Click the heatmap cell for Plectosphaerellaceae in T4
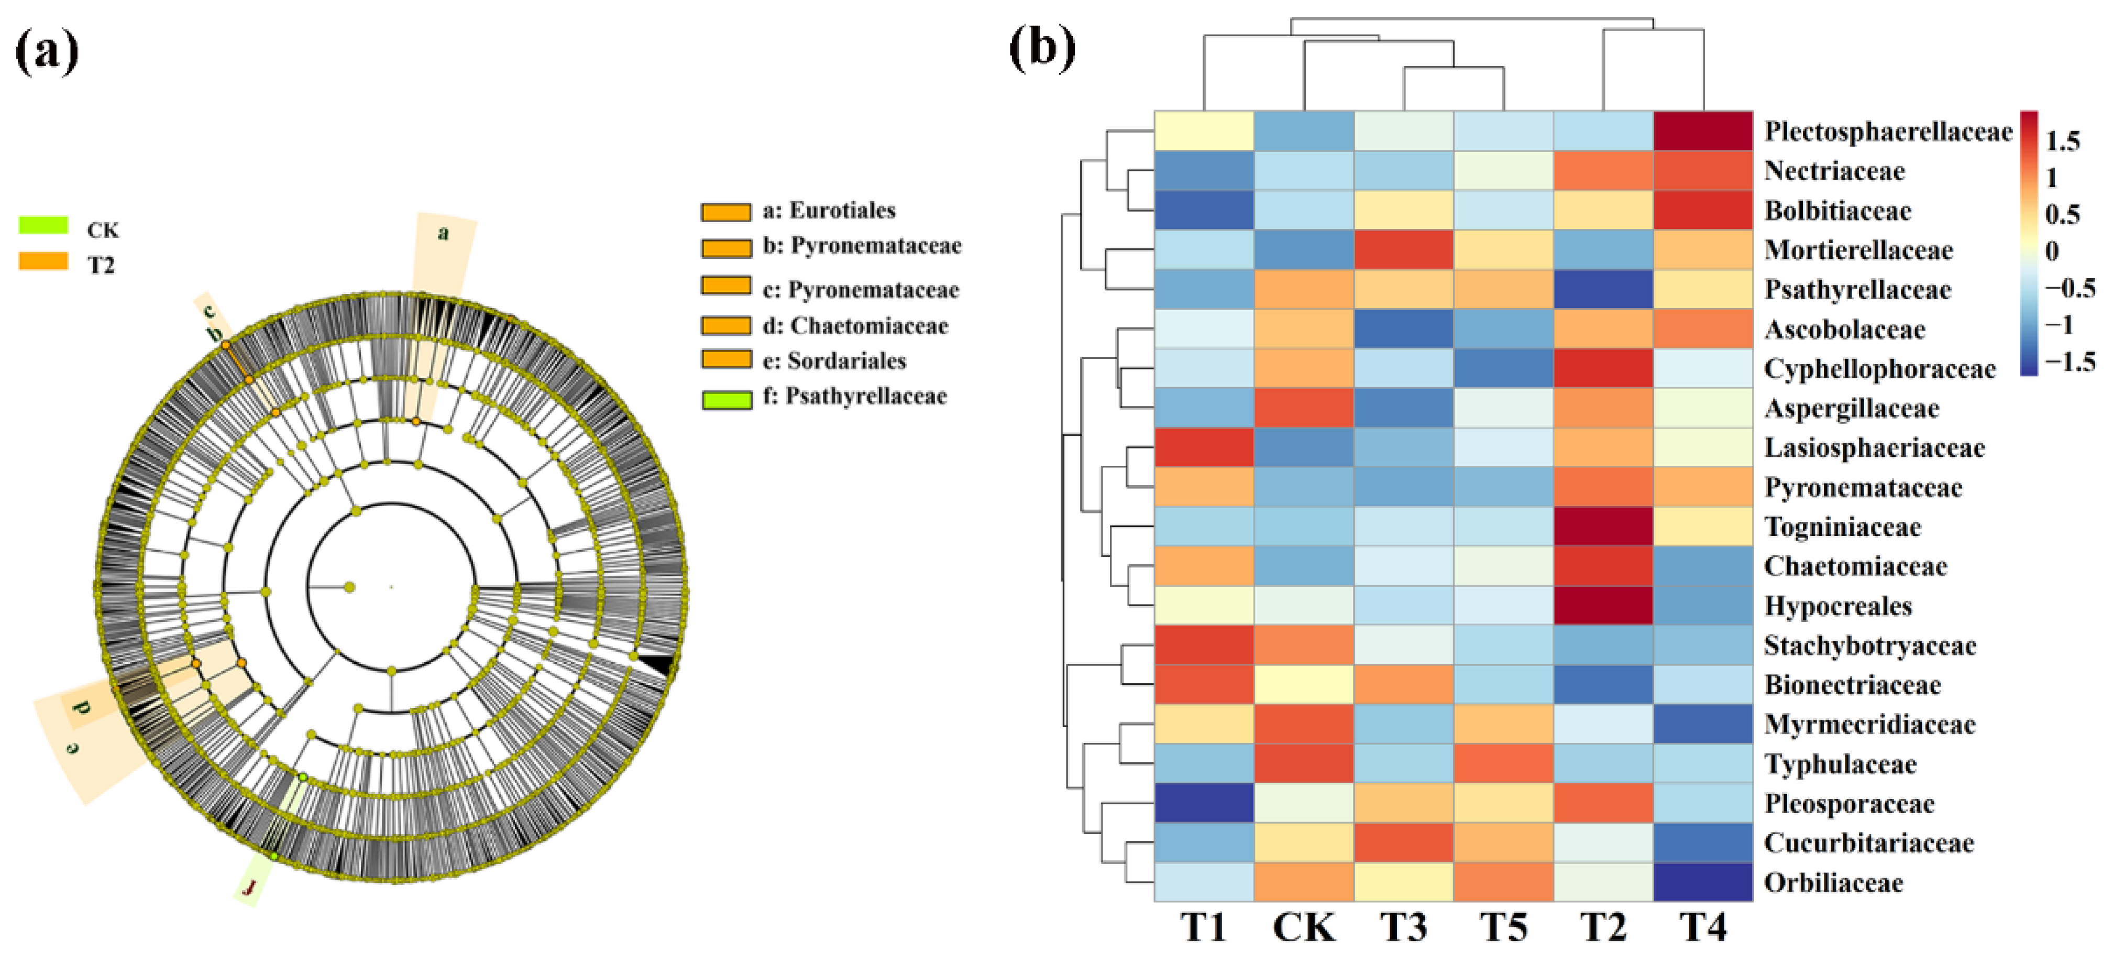click(x=1703, y=132)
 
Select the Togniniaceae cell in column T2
click(x=1603, y=527)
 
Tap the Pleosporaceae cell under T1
click(x=1203, y=803)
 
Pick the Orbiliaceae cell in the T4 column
click(x=1703, y=882)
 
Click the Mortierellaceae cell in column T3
click(x=1403, y=250)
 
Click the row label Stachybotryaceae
click(x=1869, y=645)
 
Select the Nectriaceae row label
click(x=1834, y=171)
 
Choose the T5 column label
click(x=1503, y=928)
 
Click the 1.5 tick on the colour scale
click(x=2062, y=141)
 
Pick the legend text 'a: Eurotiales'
click(x=829, y=211)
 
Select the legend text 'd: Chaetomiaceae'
click(x=855, y=326)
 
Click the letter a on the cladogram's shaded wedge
click(x=443, y=233)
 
